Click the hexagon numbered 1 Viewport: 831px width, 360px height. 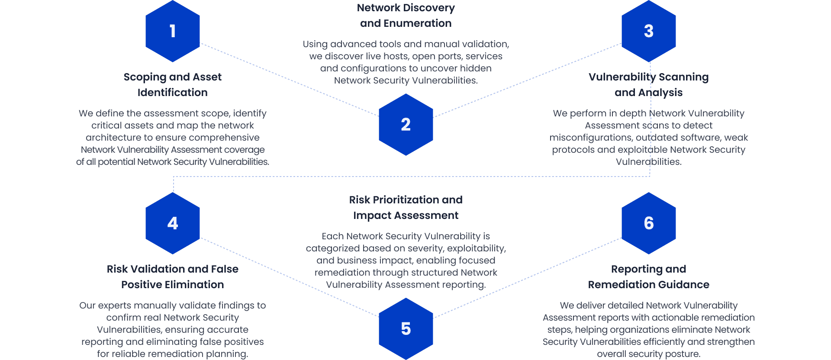[x=172, y=31]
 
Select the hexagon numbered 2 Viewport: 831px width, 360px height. [x=406, y=125]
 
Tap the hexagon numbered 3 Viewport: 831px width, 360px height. [x=648, y=31]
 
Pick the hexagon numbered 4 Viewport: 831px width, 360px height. [x=172, y=223]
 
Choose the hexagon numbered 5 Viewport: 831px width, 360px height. [x=406, y=329]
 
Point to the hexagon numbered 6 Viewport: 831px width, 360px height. [x=648, y=223]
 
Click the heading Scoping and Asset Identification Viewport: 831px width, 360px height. [x=172, y=85]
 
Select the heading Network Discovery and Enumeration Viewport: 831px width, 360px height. [x=406, y=16]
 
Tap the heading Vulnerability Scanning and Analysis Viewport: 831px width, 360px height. [x=648, y=85]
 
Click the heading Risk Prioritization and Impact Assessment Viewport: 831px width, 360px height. [x=406, y=208]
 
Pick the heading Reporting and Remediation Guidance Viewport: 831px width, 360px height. [x=648, y=277]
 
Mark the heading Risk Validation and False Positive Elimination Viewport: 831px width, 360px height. [x=172, y=277]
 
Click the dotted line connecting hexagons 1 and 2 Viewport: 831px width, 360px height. [x=289, y=80]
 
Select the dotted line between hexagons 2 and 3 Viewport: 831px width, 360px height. [x=527, y=80]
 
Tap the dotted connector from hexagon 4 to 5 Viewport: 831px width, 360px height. [x=289, y=277]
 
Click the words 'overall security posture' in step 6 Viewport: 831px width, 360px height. [x=648, y=354]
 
